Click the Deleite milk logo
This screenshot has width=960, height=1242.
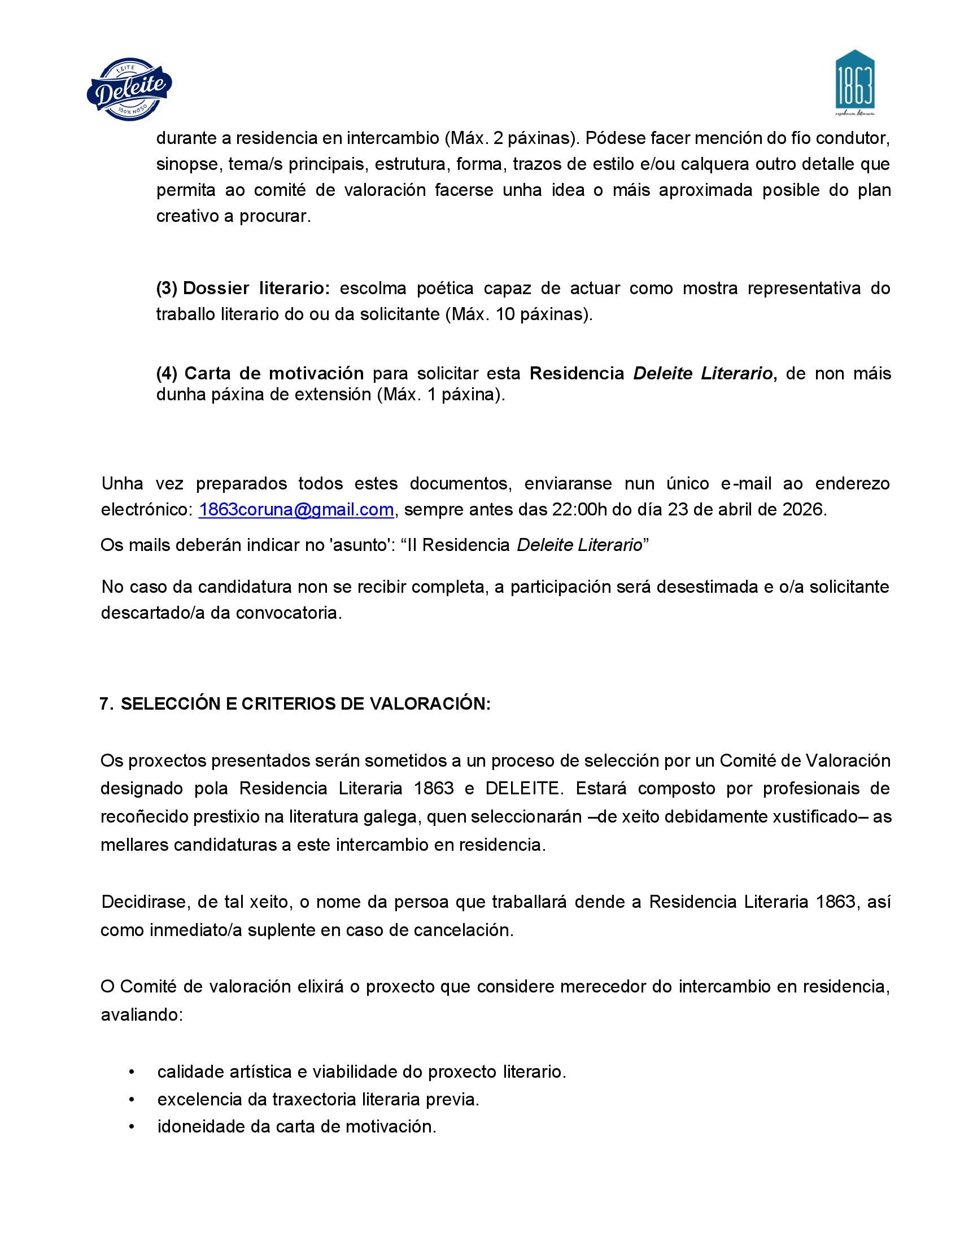130,89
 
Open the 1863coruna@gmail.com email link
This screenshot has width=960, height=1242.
296,510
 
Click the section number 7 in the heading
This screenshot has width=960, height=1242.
104,704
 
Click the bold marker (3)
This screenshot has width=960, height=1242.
167,288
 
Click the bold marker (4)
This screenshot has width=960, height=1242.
167,374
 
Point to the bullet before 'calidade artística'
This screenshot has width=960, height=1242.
132,1072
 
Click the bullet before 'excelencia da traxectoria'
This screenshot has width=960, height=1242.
132,1100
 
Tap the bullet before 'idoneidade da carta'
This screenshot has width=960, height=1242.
132,1127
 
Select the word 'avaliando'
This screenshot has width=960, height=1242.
141,1015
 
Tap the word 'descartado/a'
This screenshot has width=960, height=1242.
152,613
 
